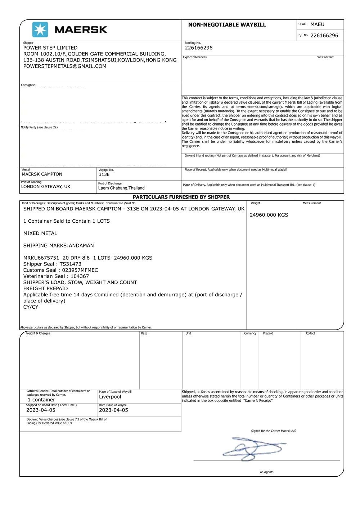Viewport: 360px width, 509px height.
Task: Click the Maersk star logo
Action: [40, 29]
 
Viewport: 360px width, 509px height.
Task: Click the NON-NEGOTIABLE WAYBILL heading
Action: [227, 25]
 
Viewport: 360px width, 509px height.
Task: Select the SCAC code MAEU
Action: [317, 24]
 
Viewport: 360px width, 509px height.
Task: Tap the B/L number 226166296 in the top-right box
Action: [324, 36]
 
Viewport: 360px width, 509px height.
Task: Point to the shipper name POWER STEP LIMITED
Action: [50, 48]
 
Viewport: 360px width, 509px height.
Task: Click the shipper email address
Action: [65, 66]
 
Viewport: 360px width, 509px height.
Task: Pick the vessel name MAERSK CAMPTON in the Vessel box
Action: [42, 174]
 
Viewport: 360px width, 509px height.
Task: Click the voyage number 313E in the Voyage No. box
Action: [104, 174]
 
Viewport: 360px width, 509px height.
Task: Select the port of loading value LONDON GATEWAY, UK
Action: [46, 187]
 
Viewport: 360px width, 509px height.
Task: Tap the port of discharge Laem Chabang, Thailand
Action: [121, 188]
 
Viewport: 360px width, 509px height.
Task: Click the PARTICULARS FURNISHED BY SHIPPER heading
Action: [181, 197]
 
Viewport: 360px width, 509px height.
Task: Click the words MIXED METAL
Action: [40, 233]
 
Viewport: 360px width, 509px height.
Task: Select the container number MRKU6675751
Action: [41, 258]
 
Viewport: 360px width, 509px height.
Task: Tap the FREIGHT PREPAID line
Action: [45, 288]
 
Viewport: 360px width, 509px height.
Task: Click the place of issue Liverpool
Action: [110, 397]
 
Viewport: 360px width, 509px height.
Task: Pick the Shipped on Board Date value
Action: [41, 410]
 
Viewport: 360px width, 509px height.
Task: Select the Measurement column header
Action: [312, 203]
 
